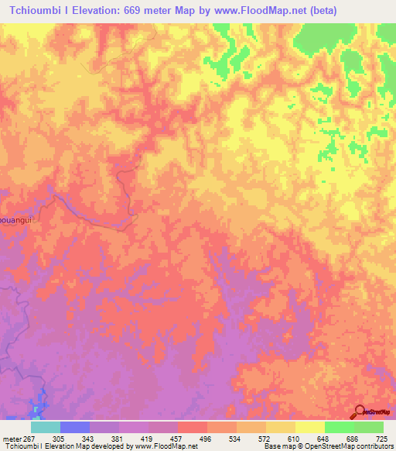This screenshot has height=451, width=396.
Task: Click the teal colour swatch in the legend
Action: pyautogui.click(x=46, y=427)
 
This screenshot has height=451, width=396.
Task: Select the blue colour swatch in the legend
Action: pyautogui.click(x=75, y=427)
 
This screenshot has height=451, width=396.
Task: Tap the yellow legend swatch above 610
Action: pyautogui.click(x=281, y=427)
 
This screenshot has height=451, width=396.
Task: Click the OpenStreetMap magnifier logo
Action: pyautogui.click(x=361, y=411)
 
